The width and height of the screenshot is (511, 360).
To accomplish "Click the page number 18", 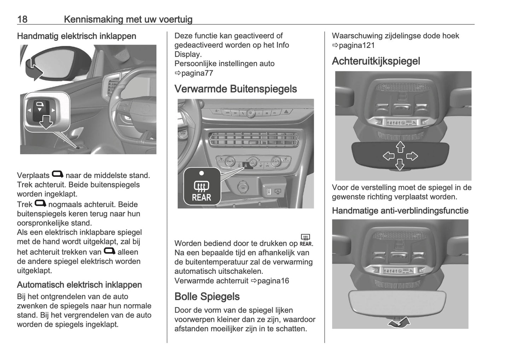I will click(22, 19).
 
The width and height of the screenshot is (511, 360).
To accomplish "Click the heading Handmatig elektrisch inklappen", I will click(76, 36).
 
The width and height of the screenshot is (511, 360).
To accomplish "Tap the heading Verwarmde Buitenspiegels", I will click(236, 89).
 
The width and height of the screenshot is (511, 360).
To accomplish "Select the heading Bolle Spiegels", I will click(207, 296).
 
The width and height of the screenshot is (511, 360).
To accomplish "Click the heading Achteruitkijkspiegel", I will click(376, 61).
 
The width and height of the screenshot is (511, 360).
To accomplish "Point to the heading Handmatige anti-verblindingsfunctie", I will click(400, 211).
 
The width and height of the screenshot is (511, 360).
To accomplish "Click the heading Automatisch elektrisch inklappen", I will click(79, 285).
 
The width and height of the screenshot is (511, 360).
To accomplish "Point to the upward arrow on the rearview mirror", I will click(400, 147).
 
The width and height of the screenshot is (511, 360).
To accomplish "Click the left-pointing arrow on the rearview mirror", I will click(389, 156).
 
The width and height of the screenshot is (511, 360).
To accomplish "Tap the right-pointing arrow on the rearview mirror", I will click(412, 156).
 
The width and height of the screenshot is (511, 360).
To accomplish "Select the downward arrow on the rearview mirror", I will click(400, 165).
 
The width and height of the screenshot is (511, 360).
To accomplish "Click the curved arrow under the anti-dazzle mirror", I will click(399, 322).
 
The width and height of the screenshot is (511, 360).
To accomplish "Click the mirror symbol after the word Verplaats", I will click(58, 174).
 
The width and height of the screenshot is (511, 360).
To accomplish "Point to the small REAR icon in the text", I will click(306, 240).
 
